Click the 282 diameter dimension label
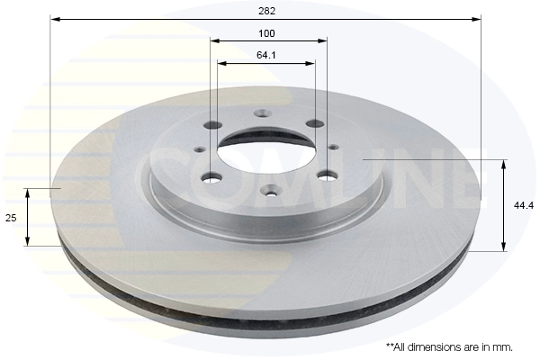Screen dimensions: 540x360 267,11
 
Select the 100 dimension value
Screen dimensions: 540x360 266,33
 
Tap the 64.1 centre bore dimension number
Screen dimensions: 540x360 265,55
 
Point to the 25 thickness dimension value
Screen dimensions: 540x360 11,218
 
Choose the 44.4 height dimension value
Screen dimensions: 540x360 524,206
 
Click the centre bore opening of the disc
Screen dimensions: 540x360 265,151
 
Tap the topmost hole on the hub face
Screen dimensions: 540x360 263,113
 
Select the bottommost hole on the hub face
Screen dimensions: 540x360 269,190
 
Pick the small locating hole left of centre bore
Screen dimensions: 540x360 200,149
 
